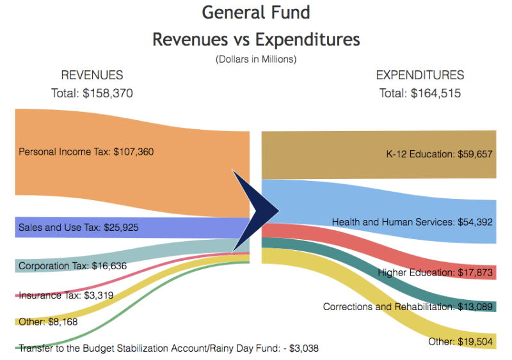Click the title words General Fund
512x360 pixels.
[256, 12]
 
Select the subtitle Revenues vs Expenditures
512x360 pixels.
[256, 40]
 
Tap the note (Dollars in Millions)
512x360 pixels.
[256, 59]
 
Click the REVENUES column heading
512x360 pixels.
[92, 75]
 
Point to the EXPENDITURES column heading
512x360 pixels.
[420, 75]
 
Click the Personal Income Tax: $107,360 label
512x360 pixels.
[86, 152]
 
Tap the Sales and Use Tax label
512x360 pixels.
[78, 227]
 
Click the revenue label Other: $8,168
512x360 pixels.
[48, 322]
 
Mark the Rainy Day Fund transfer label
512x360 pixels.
[168, 348]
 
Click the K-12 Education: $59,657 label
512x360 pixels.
[440, 154]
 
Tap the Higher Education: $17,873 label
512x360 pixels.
[435, 272]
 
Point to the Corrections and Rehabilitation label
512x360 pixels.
[408, 307]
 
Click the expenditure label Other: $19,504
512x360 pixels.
[461, 341]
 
